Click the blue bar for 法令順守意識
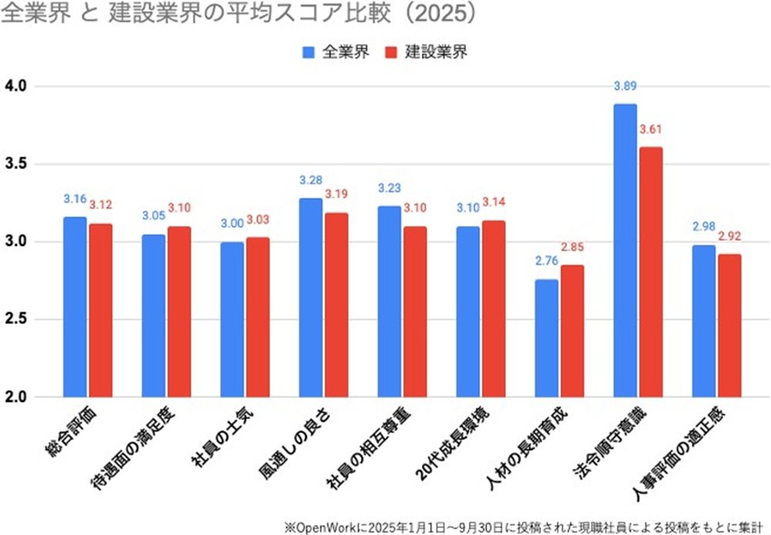(625, 251)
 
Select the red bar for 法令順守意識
(651, 272)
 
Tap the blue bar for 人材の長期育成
(546, 338)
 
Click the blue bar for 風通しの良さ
(310, 298)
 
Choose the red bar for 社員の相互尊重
(415, 311)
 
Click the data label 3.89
(625, 85)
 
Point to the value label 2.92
(729, 236)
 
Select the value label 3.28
(310, 180)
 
